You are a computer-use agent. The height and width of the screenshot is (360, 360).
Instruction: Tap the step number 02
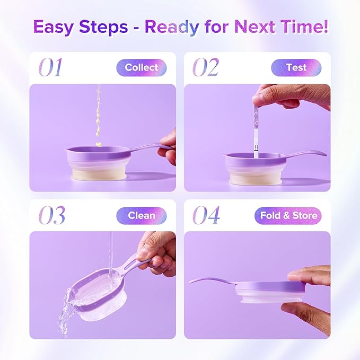coord(206,68)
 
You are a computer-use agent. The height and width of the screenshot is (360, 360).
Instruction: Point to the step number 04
coord(206,215)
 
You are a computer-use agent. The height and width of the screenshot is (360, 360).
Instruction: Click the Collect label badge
coord(142,68)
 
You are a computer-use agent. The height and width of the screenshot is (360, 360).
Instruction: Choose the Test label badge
coord(296,68)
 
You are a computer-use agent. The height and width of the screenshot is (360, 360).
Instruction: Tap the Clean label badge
coord(142,215)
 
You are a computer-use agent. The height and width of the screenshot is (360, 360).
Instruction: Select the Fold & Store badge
coord(288,215)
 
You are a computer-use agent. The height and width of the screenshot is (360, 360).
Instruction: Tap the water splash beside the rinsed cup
coord(69,308)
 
